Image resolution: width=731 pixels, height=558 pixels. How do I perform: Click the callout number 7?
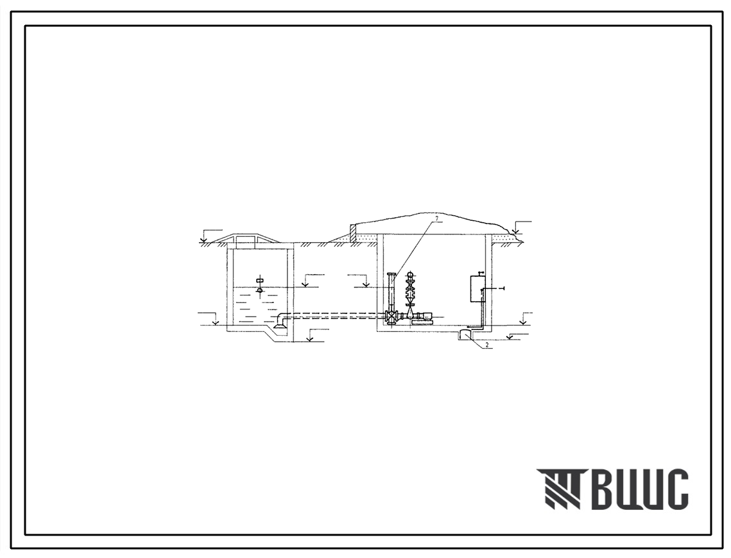pos(437,218)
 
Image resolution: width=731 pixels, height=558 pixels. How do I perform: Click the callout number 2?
pos(486,345)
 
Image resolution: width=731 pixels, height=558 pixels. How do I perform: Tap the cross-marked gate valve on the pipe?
pos(391,317)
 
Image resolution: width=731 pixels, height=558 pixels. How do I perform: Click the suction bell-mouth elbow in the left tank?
pos(281,321)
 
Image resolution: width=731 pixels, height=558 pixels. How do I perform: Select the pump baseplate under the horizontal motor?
pos(421,322)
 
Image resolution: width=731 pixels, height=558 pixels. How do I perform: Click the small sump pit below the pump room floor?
pos(464,335)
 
